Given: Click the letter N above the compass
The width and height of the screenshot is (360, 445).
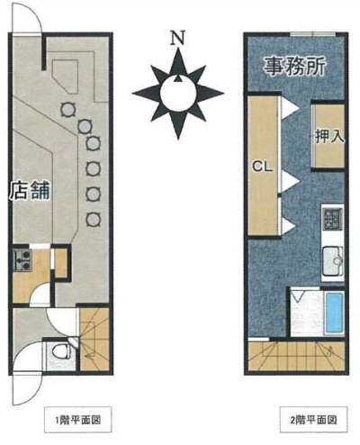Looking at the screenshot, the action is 177,38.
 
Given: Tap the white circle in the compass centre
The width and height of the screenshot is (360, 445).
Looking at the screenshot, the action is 178,93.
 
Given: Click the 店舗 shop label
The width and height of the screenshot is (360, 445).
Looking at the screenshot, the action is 30,191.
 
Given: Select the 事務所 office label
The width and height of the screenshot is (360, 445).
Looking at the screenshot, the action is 294,66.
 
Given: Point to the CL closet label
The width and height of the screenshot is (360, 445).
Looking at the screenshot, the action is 263,166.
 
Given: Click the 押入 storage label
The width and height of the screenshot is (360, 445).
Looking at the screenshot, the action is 329,137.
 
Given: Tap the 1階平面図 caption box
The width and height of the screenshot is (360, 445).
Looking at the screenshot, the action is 78,420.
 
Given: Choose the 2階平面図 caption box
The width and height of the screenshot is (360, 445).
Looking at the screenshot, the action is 313,420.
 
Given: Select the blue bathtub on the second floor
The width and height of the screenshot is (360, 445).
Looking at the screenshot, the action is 335,313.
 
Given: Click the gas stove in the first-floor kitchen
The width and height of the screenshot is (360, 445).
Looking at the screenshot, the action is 22,259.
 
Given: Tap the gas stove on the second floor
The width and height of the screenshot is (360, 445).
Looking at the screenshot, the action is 332,219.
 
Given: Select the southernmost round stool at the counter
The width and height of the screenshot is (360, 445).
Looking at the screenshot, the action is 93,220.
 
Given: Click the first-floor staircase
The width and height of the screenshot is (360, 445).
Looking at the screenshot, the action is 94,339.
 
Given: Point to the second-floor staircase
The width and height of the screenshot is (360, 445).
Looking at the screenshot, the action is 296,356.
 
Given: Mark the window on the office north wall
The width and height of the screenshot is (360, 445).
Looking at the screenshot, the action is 313,34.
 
